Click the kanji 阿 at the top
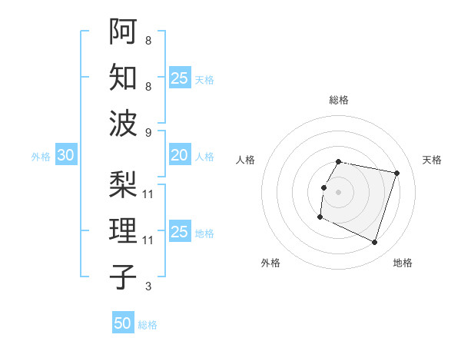pos(123,31)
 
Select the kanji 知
pos(123,78)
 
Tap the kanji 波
pos(123,124)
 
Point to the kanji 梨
pos(123,184)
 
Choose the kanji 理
pos(123,231)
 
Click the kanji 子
pos(123,277)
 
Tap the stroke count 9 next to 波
pos(148,133)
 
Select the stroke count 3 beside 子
pos(148,286)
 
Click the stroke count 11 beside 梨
pos(148,194)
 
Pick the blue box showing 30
pos(66,155)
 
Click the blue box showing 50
pos(123,324)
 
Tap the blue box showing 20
pos(180,155)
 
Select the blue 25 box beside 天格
pos(180,78)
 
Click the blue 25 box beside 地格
pos(180,232)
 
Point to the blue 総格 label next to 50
pos(148,325)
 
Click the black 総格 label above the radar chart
pos(338,100)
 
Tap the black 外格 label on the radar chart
pos(270,263)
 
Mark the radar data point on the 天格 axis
pos(397,174)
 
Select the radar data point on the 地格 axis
pos(374,243)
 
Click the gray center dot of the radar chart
pos(338,192)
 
